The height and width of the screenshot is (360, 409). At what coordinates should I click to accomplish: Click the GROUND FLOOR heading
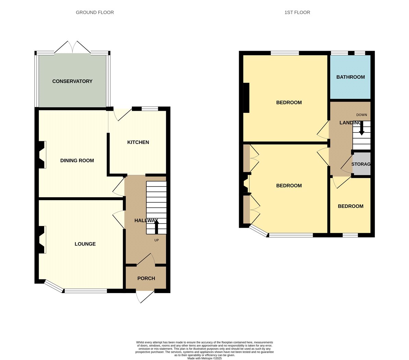(x=95, y=12)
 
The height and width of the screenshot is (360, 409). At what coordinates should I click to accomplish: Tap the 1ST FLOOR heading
(x=297, y=12)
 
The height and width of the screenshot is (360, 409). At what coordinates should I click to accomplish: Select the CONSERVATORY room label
(x=72, y=81)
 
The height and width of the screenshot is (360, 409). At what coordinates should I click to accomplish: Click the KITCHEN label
(x=138, y=142)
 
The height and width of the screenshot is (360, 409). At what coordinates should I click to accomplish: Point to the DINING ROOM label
(x=77, y=160)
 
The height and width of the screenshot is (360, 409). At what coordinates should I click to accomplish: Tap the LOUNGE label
(x=85, y=244)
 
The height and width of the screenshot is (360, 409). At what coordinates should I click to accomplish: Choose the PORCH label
(x=146, y=278)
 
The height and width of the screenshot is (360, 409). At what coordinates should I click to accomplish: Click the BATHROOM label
(x=350, y=77)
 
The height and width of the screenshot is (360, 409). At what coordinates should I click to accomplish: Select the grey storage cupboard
(x=361, y=164)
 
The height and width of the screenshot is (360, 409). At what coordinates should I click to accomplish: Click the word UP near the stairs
(x=157, y=240)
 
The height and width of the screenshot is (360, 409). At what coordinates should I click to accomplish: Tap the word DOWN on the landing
(x=361, y=115)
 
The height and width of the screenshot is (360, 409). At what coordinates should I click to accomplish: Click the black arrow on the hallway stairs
(x=156, y=227)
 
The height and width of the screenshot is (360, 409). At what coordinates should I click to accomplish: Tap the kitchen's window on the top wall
(x=150, y=109)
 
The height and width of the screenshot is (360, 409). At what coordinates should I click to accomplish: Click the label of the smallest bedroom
(x=350, y=206)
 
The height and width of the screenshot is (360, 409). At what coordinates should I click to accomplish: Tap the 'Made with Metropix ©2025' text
(x=204, y=358)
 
